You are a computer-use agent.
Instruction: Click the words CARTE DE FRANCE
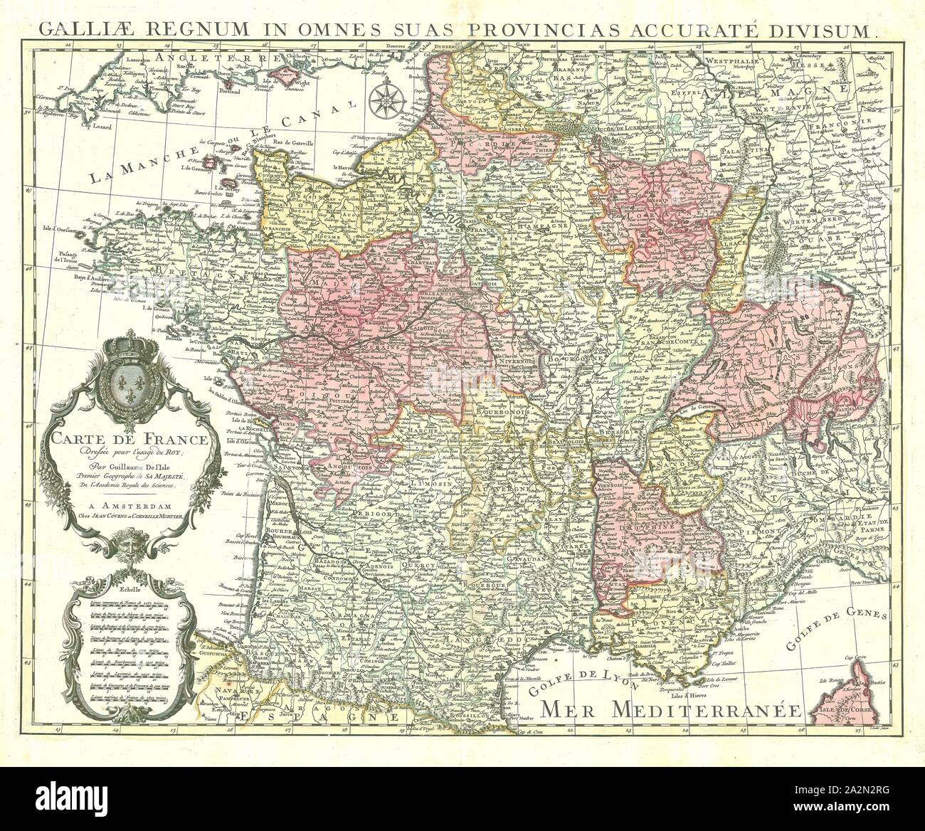tap(129, 440)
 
